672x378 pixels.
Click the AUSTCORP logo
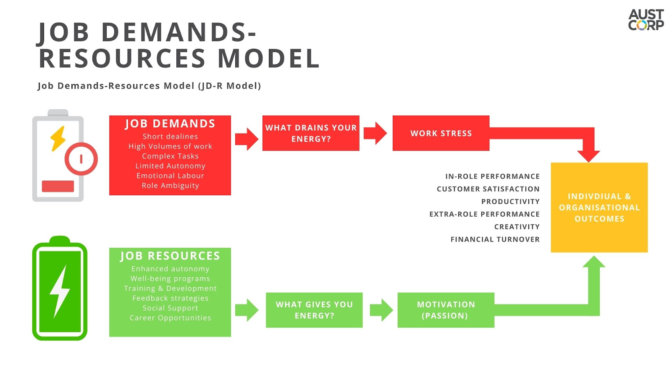coord(646,20)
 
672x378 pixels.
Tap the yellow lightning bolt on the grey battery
coord(58,139)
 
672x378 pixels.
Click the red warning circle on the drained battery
coord(81,159)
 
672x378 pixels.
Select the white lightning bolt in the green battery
coord(60,291)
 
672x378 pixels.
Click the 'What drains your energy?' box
coord(311,133)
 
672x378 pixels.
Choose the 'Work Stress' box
coord(441,133)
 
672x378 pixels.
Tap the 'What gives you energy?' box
coord(314,310)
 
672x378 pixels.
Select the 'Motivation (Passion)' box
coord(446,310)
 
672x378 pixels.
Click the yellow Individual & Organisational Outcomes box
coord(599,207)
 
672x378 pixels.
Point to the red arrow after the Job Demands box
coord(247,139)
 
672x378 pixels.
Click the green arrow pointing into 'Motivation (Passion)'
coord(381,310)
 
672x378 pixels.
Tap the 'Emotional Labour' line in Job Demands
coord(170,176)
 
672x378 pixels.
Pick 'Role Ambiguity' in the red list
coord(170,186)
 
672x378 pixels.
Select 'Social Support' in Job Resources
coord(170,308)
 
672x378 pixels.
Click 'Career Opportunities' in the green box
coord(170,318)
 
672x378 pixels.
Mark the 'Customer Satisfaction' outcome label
coord(488,189)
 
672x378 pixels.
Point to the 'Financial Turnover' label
coord(495,239)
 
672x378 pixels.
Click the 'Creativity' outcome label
coord(517,227)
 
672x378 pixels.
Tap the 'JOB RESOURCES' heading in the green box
coord(170,256)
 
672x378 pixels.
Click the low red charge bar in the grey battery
coord(58,186)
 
